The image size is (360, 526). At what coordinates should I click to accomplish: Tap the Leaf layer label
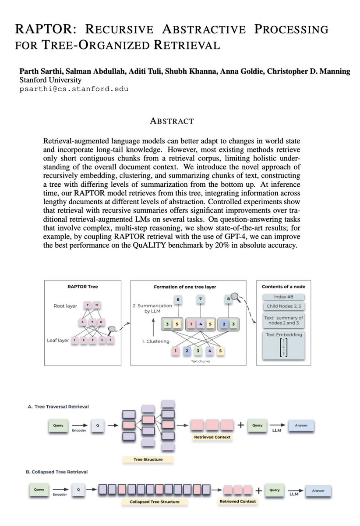click(x=58, y=340)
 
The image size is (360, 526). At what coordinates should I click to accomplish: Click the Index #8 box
click(x=283, y=297)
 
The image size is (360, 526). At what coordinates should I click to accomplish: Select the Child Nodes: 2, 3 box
click(x=283, y=306)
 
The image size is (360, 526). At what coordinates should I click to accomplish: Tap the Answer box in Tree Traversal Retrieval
click(x=301, y=425)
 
